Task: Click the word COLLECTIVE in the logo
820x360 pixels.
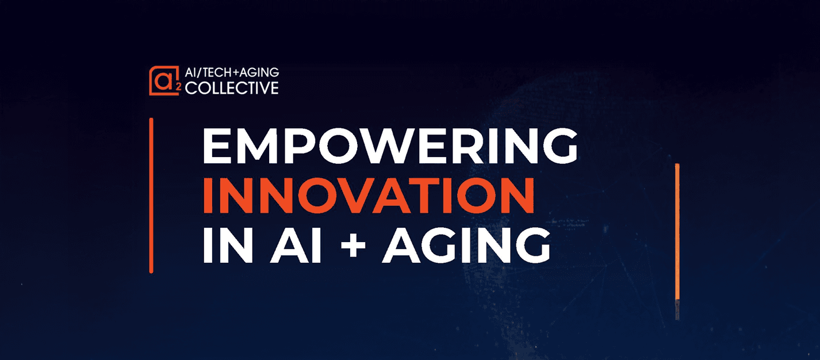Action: click(x=232, y=88)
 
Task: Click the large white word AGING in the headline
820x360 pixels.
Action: click(x=467, y=246)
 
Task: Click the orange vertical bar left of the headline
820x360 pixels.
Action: click(x=151, y=196)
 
